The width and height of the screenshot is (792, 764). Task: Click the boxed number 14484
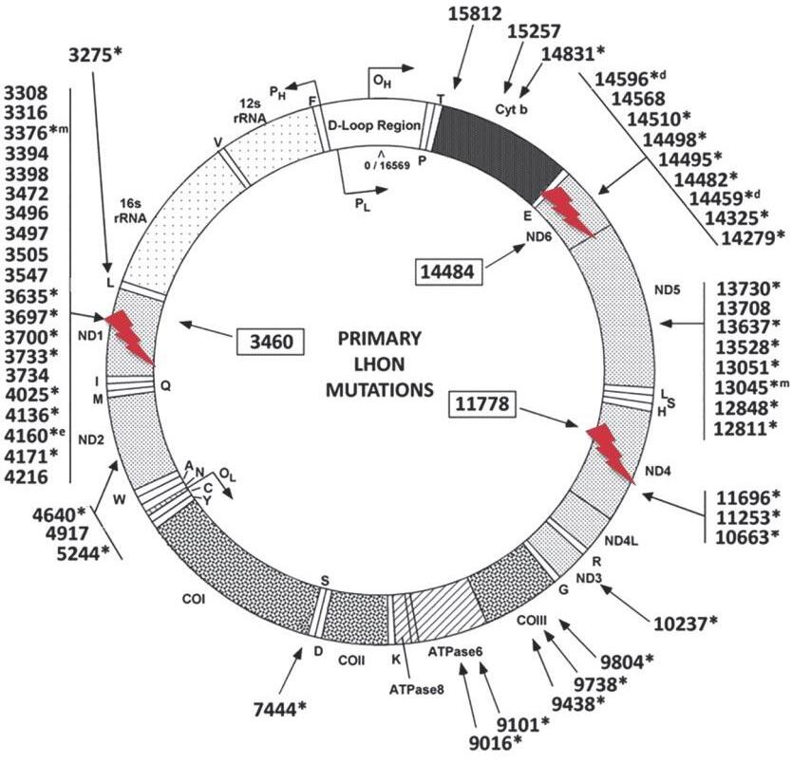pos(450,271)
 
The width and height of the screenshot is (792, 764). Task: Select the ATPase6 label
pos(456,654)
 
